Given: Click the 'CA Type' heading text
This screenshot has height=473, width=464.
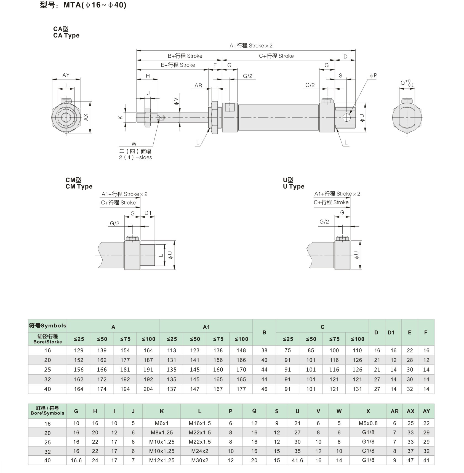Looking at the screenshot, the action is click(66, 36).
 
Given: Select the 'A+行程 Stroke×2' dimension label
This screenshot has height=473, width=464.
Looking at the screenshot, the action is click(251, 46).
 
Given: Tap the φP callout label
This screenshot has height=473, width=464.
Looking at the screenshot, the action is click(373, 76).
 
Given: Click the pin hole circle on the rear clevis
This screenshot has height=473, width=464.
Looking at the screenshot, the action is click(346, 118).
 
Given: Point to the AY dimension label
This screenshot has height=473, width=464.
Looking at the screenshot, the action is click(66, 75).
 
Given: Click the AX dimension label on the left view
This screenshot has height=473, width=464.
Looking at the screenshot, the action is click(86, 117).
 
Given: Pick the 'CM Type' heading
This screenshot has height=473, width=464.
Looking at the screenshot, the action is click(79, 186).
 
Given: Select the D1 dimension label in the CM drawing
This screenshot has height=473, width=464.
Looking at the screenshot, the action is click(148, 213).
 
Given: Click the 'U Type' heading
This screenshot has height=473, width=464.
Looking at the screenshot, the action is click(294, 186).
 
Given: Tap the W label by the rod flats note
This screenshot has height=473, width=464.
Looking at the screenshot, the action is click(134, 144).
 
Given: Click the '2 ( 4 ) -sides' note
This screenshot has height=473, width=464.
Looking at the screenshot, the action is click(135, 157).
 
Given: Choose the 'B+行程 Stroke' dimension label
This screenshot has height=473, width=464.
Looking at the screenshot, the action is click(185, 56).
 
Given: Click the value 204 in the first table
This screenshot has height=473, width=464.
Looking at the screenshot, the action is click(148, 389).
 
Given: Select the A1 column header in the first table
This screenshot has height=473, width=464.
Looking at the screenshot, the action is click(206, 327).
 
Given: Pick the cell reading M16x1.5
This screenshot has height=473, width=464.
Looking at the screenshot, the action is click(200, 423).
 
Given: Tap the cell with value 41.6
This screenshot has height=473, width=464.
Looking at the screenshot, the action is click(297, 460).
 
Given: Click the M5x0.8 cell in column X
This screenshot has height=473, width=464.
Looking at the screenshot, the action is click(368, 423).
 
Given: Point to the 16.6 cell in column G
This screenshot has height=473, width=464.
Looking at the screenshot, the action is click(76, 460).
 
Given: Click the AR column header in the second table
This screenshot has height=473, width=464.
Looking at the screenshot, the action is click(394, 411).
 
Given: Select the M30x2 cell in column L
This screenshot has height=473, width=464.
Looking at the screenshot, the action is click(200, 460).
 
